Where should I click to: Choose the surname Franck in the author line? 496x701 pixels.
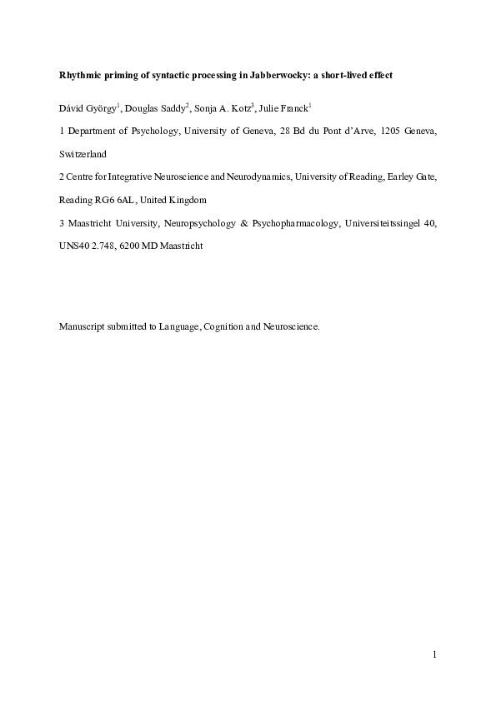[293, 108]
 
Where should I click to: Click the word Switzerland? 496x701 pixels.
[83, 154]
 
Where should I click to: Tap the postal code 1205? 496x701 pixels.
[390, 132]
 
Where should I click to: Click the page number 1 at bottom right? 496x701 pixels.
[434, 654]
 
